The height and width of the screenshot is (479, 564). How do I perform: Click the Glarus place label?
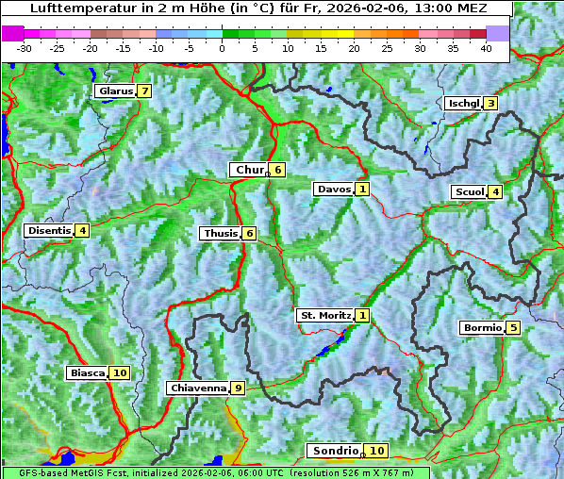point(115,91)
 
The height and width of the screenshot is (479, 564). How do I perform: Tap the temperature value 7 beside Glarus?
point(143,91)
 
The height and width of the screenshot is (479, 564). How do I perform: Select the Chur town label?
point(249,170)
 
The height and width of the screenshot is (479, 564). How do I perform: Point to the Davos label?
point(333,190)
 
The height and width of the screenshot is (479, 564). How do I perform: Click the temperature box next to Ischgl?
point(490,104)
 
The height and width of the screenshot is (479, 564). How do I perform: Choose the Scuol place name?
point(469,192)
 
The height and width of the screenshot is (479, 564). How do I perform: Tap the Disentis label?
point(49,230)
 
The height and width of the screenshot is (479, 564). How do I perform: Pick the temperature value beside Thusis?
point(249,234)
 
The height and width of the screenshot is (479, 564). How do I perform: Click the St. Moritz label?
point(324,315)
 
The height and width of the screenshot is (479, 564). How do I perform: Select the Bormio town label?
point(481,328)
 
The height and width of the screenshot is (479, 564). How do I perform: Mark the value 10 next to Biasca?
point(119,373)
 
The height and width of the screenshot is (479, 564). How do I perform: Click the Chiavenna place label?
point(197,388)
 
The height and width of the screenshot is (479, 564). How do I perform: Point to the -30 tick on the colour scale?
point(25,48)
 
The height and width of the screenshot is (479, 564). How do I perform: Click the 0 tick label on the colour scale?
point(222,48)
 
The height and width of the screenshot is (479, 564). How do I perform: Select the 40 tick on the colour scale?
point(486,48)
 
